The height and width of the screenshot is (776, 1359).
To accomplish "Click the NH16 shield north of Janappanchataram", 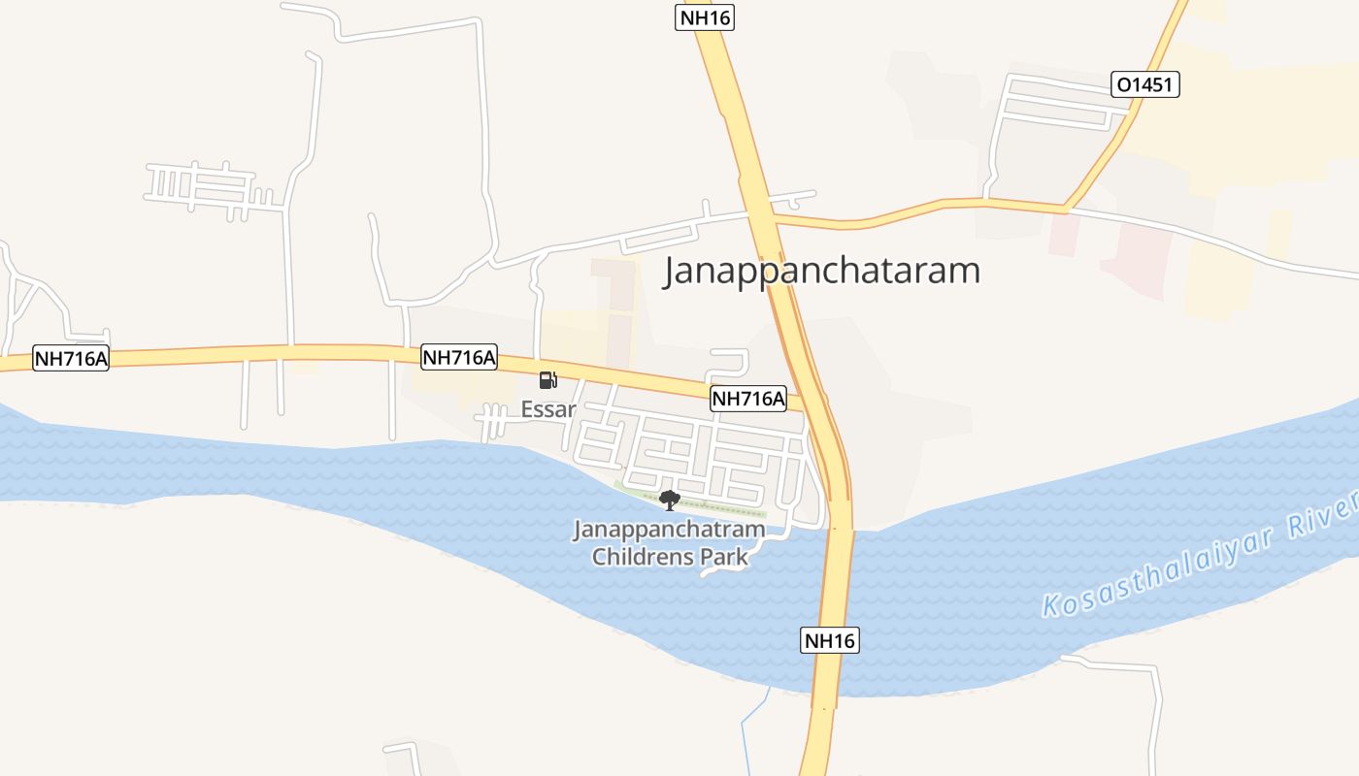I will pos(705,17).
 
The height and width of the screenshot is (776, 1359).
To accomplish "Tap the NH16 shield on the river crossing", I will pos(830,640).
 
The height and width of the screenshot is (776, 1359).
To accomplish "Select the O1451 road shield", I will pos(1145,84).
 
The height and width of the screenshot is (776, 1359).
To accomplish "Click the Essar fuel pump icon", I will pos(548,380).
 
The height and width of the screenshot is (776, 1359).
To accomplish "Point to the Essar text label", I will pos(548,409).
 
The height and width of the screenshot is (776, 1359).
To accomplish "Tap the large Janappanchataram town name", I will pos(821,271).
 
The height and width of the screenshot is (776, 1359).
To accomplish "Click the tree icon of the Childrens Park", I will pos(669,501).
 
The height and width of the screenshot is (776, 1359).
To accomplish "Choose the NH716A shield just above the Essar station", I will pos(459,358).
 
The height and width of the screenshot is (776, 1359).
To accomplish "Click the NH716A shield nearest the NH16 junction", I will pos(748,398).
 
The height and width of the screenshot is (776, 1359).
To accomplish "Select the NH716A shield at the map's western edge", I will pos(71,358).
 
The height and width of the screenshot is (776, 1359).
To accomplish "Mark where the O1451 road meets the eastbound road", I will pos(1066,209).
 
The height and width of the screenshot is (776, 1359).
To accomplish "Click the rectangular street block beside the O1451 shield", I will pos(1058,103).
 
